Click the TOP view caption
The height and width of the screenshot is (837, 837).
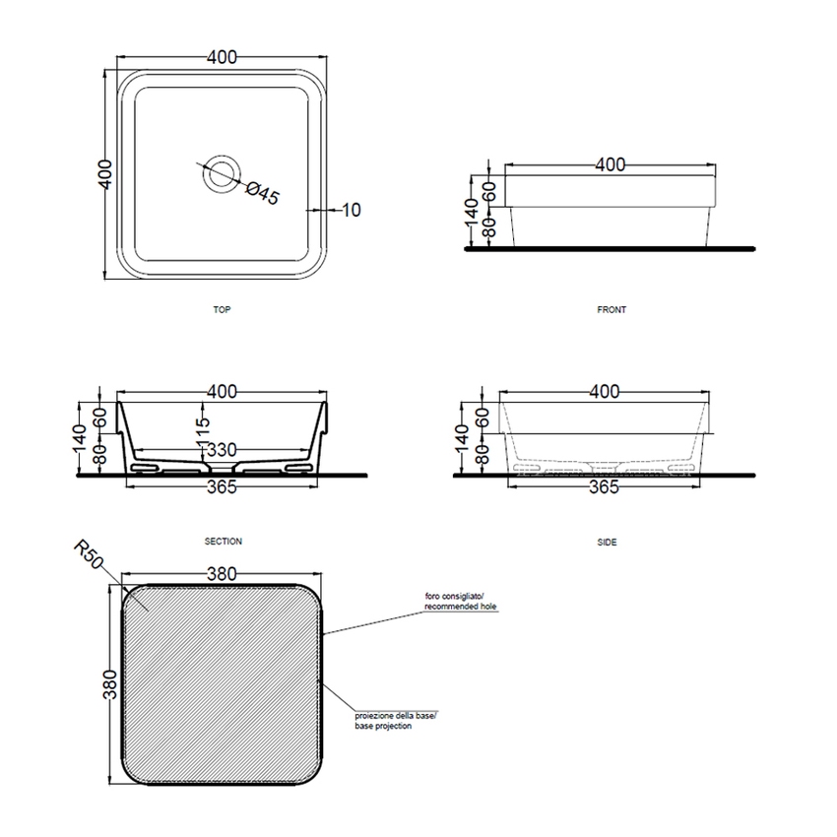(222, 309)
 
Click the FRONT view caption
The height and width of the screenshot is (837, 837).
(612, 309)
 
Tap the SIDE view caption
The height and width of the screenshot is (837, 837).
(608, 542)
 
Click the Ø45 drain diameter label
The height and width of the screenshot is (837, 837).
(261, 192)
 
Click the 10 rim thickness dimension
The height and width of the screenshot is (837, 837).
(352, 210)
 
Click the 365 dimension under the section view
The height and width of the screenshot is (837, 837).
(223, 489)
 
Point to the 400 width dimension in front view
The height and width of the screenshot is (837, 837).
(611, 165)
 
